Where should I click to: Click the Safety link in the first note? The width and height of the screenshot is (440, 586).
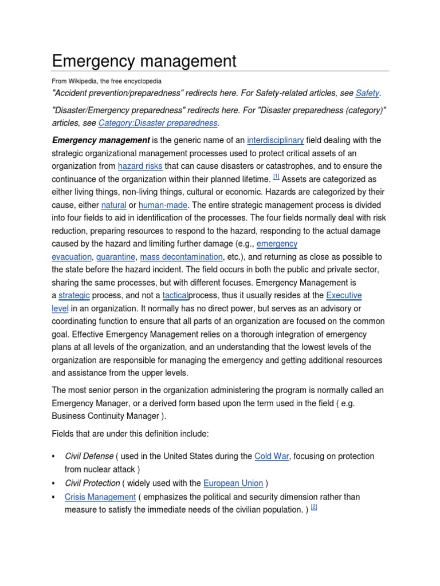[x=368, y=93]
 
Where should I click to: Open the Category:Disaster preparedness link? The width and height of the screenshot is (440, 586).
[x=158, y=123]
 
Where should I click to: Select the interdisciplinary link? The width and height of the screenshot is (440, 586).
[x=275, y=140]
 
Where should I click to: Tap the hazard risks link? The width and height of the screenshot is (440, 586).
[x=140, y=166]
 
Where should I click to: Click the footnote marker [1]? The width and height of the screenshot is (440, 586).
[x=276, y=177]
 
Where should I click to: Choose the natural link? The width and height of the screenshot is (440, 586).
[x=113, y=205]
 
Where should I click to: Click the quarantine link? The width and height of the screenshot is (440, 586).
[x=116, y=257]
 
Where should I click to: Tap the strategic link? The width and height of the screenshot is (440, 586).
[x=74, y=295]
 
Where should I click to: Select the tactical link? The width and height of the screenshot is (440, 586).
[x=175, y=295]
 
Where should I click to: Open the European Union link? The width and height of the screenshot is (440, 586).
[x=233, y=484]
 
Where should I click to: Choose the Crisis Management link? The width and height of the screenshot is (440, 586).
[x=100, y=497]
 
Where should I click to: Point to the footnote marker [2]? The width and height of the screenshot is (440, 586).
[x=314, y=508]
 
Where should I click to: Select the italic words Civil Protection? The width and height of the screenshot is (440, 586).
[x=92, y=484]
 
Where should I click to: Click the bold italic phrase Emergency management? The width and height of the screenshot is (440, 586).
[x=101, y=140]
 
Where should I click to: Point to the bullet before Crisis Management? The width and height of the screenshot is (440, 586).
[x=53, y=497]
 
